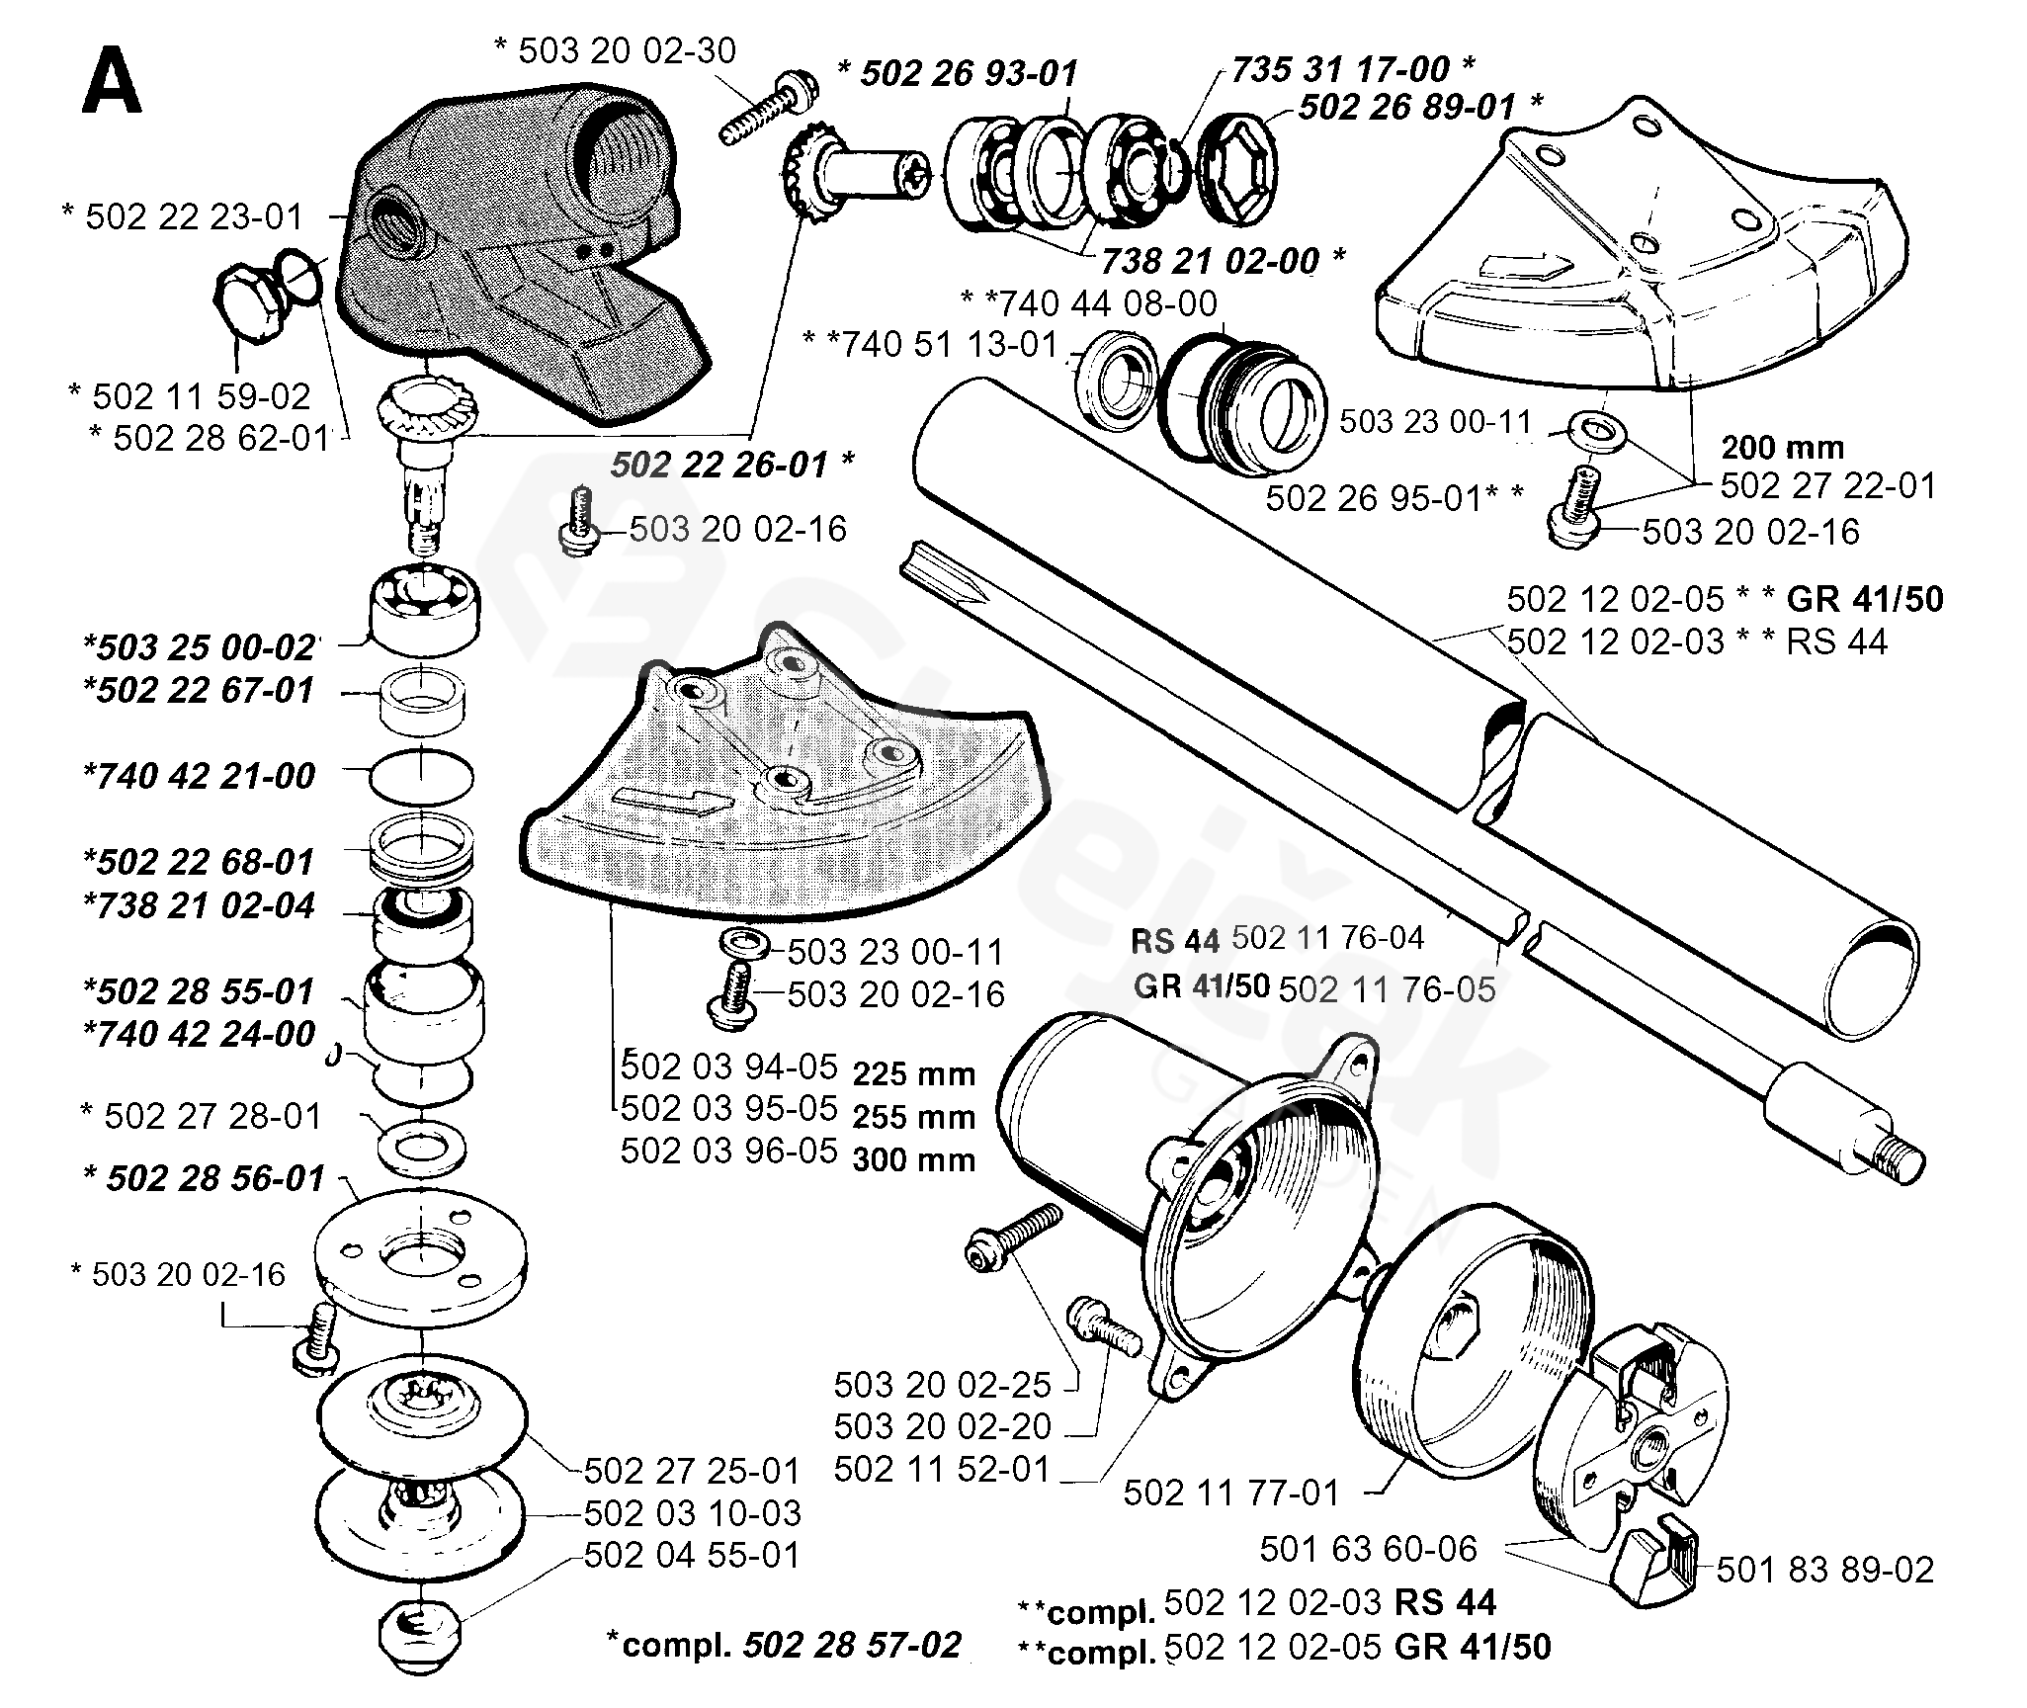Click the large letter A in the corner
coord(113,82)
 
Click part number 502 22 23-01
coord(194,216)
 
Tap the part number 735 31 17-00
coord(1340,68)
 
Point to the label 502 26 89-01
coord(1406,107)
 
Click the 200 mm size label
coord(1783,447)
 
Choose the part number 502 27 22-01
coord(1828,485)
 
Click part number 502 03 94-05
coord(729,1067)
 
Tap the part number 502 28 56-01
coord(215,1178)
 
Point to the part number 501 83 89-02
coord(1825,1569)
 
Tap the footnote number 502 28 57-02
coord(852,1644)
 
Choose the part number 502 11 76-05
coord(1388,988)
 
